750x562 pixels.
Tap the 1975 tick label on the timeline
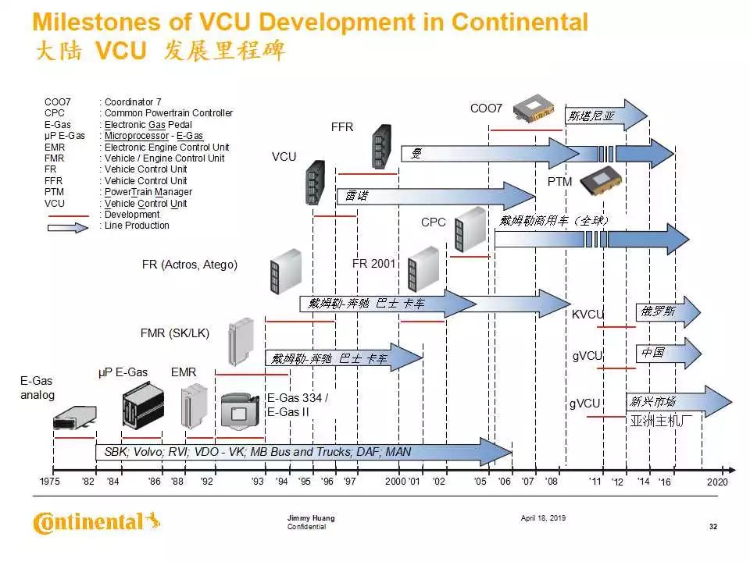(49, 482)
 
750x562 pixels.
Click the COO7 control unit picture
(539, 112)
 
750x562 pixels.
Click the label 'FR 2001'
(374, 264)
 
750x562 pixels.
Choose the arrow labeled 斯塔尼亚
(606, 116)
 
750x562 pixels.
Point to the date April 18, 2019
(543, 518)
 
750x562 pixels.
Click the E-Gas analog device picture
(74, 418)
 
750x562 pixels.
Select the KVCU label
(587, 314)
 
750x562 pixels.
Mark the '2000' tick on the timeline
(395, 482)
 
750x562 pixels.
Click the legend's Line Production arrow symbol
(69, 226)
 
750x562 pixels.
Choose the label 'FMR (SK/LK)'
(175, 334)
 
